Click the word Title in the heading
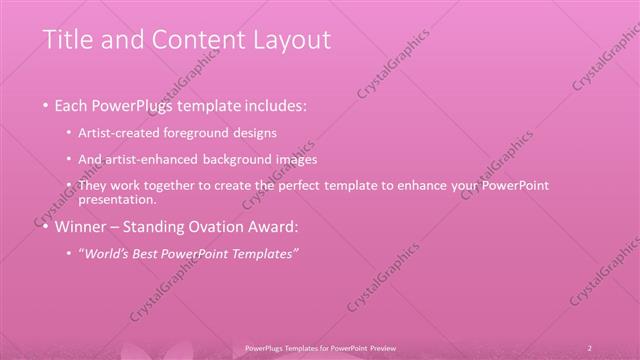point(69,41)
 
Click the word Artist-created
point(126,132)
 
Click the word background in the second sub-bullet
point(251,159)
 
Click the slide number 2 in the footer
point(590,347)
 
